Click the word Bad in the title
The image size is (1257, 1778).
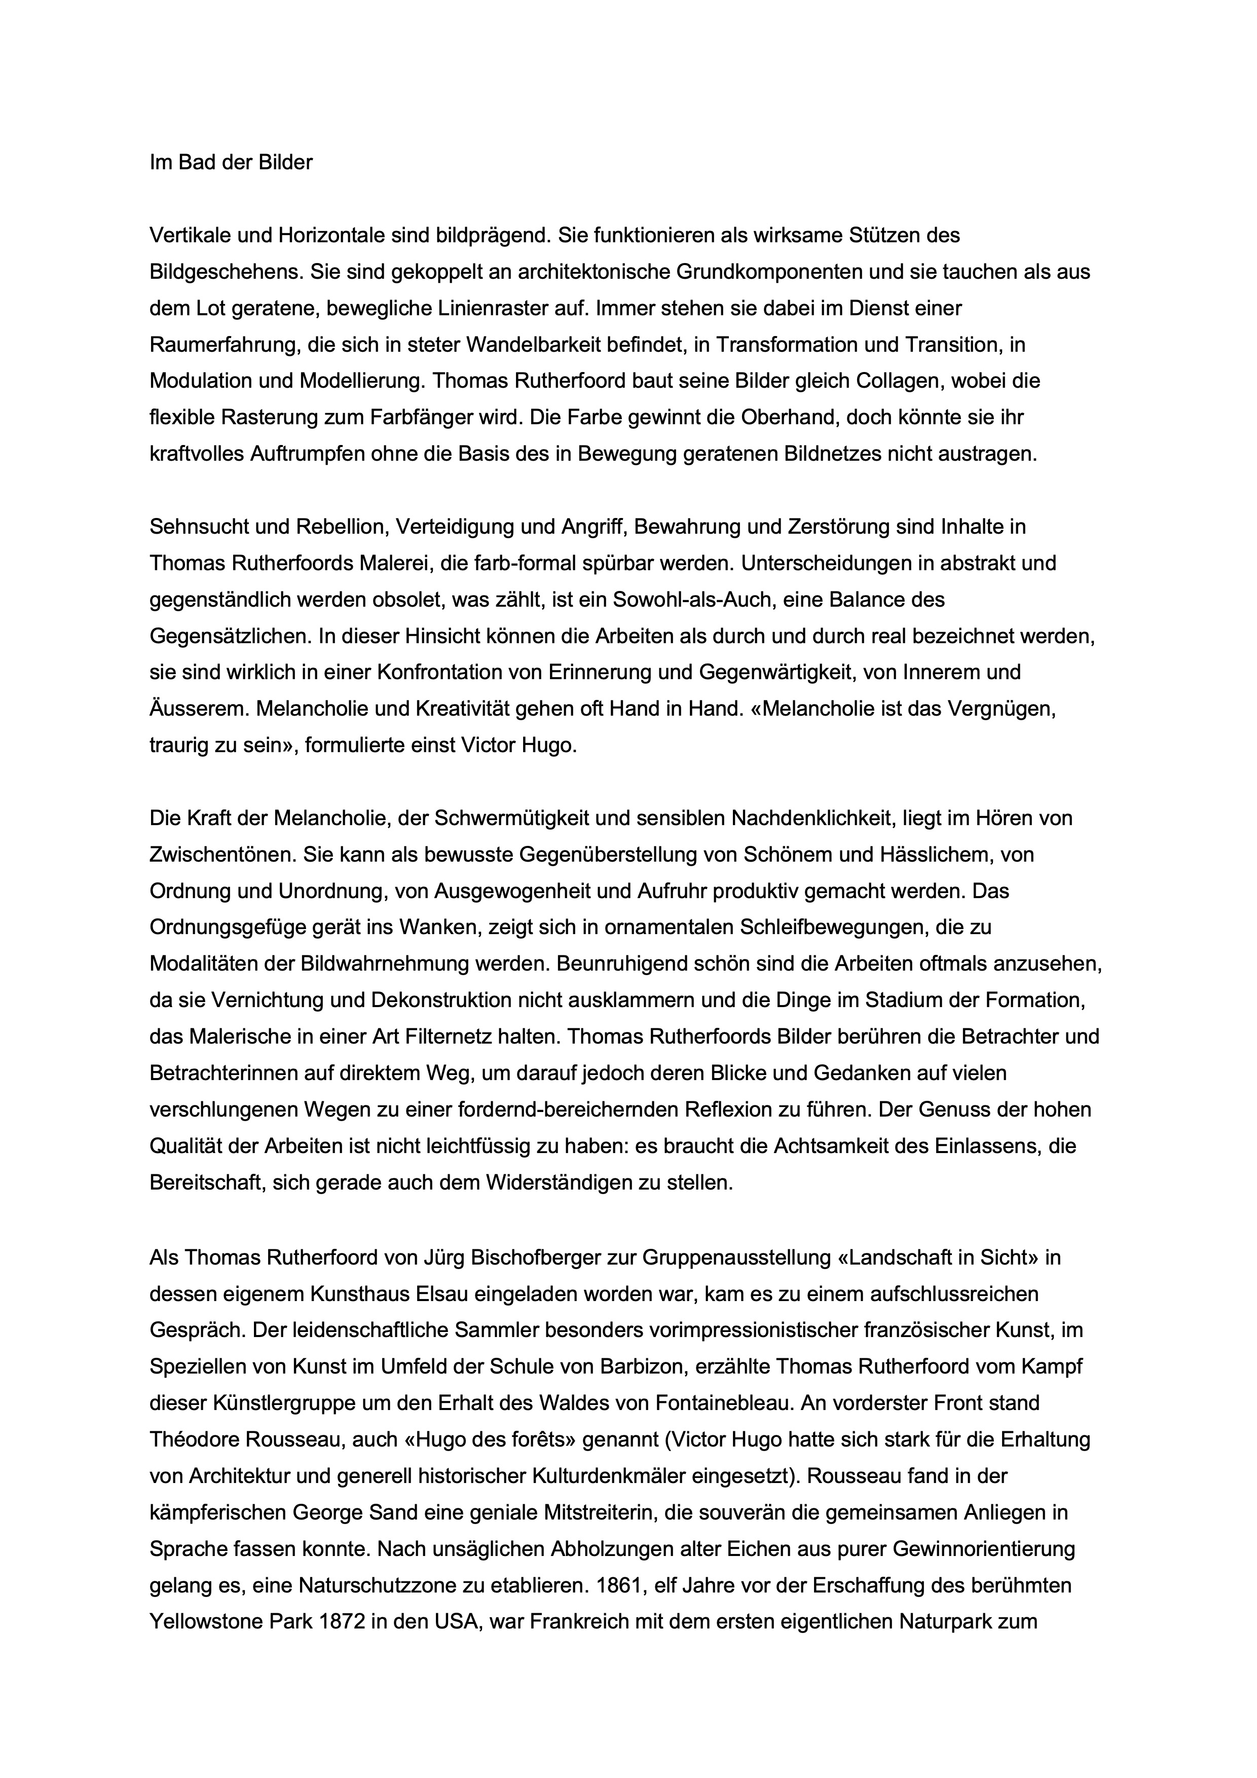(197, 163)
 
